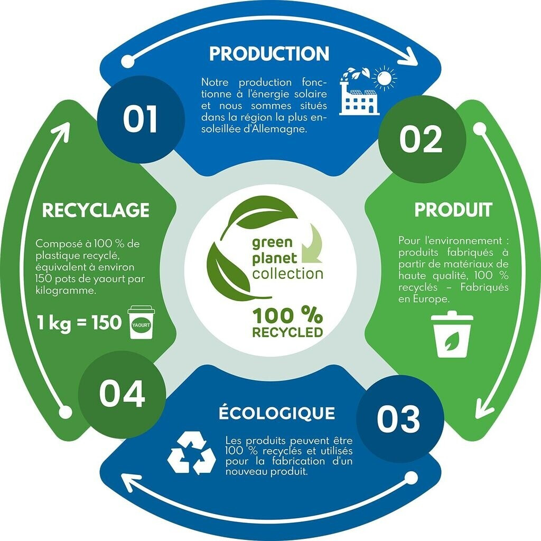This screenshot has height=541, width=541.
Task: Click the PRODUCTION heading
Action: [269, 54]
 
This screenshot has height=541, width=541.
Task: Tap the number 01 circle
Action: [141, 119]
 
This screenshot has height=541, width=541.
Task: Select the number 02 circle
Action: [421, 139]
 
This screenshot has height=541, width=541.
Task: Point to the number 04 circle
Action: [122, 394]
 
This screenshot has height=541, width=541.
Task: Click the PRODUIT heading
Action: [453, 210]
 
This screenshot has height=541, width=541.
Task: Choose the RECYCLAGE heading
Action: [96, 210]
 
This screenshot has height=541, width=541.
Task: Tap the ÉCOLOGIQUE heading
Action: [277, 413]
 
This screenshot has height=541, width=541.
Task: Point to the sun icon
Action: [384, 79]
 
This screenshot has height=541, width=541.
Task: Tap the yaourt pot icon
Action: [141, 322]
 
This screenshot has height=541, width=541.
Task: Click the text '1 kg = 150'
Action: [80, 322]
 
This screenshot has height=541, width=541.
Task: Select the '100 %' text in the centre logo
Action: [287, 316]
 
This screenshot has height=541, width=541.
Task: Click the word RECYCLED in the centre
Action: [287, 333]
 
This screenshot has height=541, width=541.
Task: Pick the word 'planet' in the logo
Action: [274, 259]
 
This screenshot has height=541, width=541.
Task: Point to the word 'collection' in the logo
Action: [287, 274]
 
